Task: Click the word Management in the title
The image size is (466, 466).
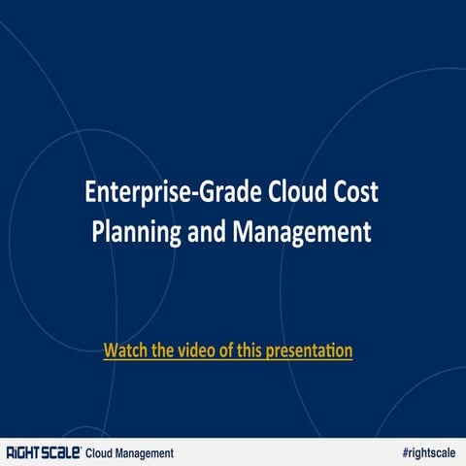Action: pos(309,233)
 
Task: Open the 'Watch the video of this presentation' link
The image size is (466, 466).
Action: pos(227,349)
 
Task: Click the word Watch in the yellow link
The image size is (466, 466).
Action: pos(124,349)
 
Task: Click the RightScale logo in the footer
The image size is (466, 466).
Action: pos(44,452)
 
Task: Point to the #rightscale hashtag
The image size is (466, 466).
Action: pos(428,452)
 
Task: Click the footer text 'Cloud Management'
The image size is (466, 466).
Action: pos(130,452)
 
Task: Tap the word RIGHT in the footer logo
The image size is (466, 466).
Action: pos(23,452)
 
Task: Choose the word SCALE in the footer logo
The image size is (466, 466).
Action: pos(61,452)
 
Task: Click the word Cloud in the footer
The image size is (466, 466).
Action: pos(101,452)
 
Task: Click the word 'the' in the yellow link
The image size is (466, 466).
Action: pos(161,349)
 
